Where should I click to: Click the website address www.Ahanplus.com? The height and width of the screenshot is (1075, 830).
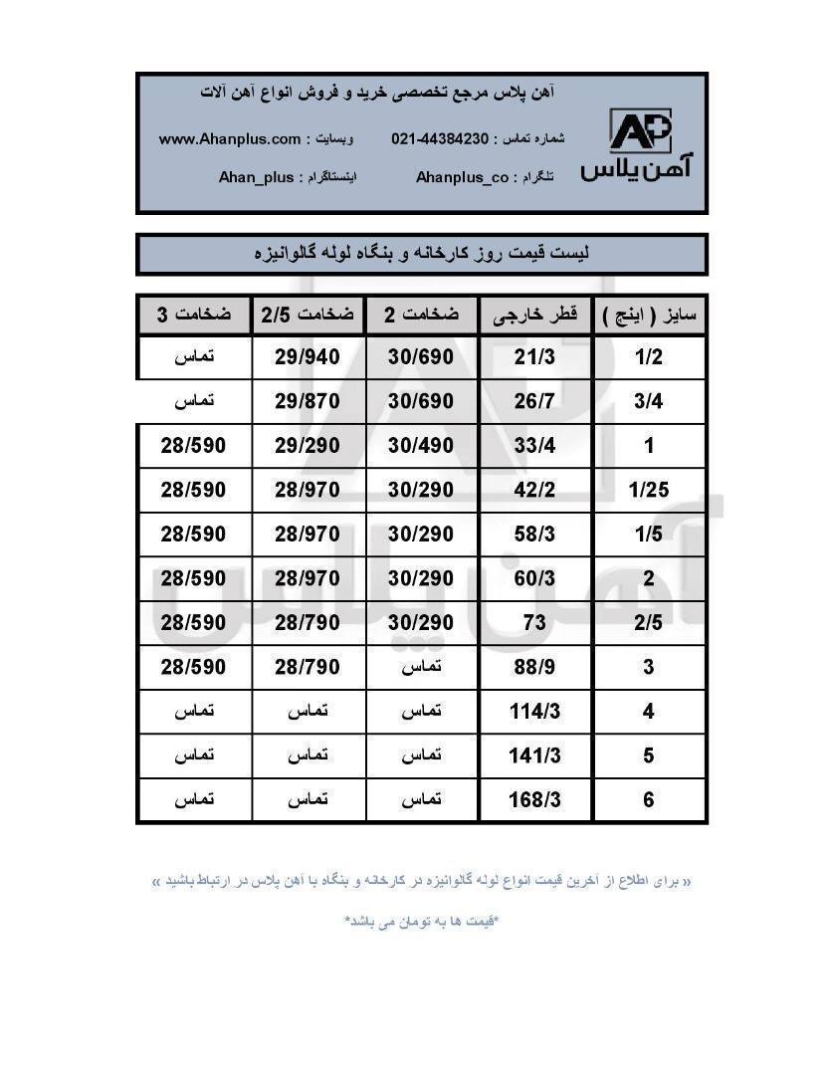pyautogui.click(x=230, y=139)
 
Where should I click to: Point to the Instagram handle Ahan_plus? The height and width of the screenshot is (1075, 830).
pyautogui.click(x=257, y=177)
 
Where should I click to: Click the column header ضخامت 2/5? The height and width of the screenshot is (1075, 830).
pyautogui.click(x=308, y=316)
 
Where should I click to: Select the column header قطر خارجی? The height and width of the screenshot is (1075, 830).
pyautogui.click(x=534, y=316)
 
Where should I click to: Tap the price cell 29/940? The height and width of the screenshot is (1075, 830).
pyautogui.click(x=308, y=357)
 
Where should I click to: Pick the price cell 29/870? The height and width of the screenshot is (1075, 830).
pyautogui.click(x=308, y=401)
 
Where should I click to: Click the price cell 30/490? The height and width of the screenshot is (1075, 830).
pyautogui.click(x=421, y=445)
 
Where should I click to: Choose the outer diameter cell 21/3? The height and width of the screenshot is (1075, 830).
pyautogui.click(x=534, y=357)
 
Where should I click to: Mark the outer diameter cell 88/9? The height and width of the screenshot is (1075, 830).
pyautogui.click(x=534, y=667)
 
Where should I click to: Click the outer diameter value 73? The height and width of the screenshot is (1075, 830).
pyautogui.click(x=534, y=623)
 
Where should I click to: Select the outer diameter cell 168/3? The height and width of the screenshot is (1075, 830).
pyautogui.click(x=534, y=799)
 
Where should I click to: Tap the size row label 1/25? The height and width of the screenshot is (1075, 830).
pyautogui.click(x=649, y=490)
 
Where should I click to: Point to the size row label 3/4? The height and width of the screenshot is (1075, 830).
pyautogui.click(x=649, y=401)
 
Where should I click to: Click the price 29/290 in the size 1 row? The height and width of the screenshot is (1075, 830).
pyautogui.click(x=308, y=445)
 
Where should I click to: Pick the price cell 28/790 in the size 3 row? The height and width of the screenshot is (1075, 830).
pyautogui.click(x=308, y=667)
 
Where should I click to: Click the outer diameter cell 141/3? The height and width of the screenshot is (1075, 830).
pyautogui.click(x=534, y=755)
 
